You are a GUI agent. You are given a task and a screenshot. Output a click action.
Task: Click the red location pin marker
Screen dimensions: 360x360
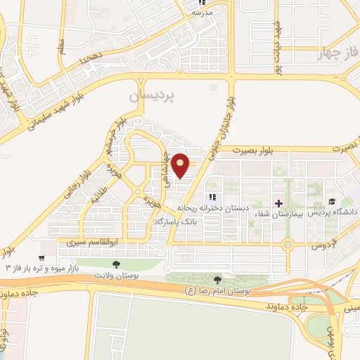181,165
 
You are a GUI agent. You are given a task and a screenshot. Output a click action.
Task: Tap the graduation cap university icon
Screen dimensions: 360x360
332,202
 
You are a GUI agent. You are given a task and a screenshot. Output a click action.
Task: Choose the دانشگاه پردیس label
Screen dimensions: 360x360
333,212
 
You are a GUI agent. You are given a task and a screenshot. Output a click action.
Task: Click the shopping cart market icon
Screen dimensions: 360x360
42,258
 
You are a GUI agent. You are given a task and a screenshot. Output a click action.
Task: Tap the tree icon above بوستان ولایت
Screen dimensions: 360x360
115,264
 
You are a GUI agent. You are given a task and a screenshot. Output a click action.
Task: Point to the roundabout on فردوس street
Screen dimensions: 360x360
287,245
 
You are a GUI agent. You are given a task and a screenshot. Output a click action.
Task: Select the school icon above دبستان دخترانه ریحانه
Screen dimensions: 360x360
212,198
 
